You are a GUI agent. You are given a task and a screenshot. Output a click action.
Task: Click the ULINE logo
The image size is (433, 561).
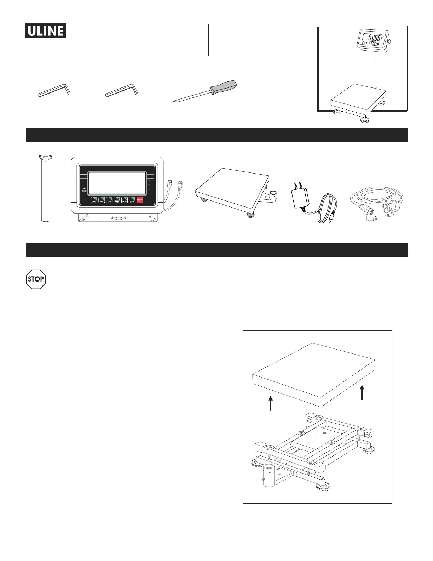tap(46, 31)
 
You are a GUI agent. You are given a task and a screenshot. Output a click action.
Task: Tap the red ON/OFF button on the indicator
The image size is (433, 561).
tap(140, 200)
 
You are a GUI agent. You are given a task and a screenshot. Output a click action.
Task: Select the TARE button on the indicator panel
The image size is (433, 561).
tap(125, 200)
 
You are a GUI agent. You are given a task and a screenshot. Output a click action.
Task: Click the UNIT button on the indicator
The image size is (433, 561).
tap(94, 200)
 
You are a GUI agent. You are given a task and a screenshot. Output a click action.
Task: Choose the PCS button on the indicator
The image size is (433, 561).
tap(102, 200)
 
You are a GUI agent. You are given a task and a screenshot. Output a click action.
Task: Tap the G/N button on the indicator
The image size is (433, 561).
tap(109, 200)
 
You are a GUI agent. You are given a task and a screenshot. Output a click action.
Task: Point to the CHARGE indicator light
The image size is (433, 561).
tap(84, 188)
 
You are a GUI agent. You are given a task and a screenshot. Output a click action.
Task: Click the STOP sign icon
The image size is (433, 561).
tap(36, 279)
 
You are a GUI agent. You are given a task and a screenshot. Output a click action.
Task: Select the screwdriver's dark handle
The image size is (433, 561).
tap(224, 87)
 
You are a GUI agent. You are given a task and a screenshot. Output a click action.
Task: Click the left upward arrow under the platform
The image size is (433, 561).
tap(271, 403)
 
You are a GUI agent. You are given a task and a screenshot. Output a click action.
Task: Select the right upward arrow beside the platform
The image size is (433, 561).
tap(362, 392)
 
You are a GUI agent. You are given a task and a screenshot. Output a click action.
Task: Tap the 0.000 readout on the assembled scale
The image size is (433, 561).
tap(374, 38)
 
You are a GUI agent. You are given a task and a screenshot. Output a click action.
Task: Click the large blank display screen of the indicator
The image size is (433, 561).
tap(117, 183)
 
